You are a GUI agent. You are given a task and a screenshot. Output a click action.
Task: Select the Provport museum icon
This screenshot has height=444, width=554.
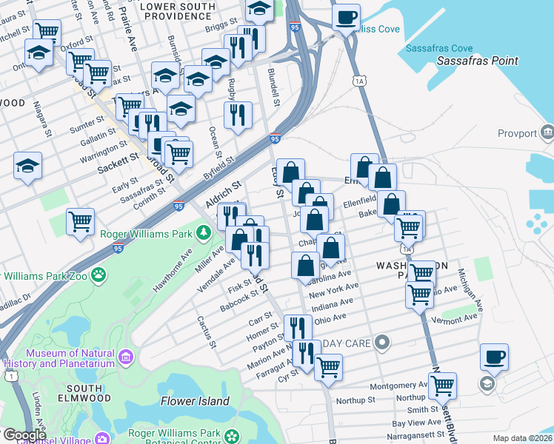point(547,132)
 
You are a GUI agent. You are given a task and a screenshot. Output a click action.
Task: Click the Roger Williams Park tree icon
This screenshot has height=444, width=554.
point(202,234)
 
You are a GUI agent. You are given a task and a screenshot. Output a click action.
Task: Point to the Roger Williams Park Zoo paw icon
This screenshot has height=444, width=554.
point(98,275)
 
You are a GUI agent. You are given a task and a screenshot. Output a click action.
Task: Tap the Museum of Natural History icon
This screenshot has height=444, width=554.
point(124,359)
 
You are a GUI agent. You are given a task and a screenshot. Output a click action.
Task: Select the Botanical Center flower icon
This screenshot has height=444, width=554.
point(233,434)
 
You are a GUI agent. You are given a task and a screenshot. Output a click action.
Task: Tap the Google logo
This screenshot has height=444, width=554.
point(24,435)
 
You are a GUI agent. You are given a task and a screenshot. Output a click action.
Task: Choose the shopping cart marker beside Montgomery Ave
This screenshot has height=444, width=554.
point(441,384)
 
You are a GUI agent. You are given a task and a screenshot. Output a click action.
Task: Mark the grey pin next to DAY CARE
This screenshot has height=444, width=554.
point(382,343)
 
